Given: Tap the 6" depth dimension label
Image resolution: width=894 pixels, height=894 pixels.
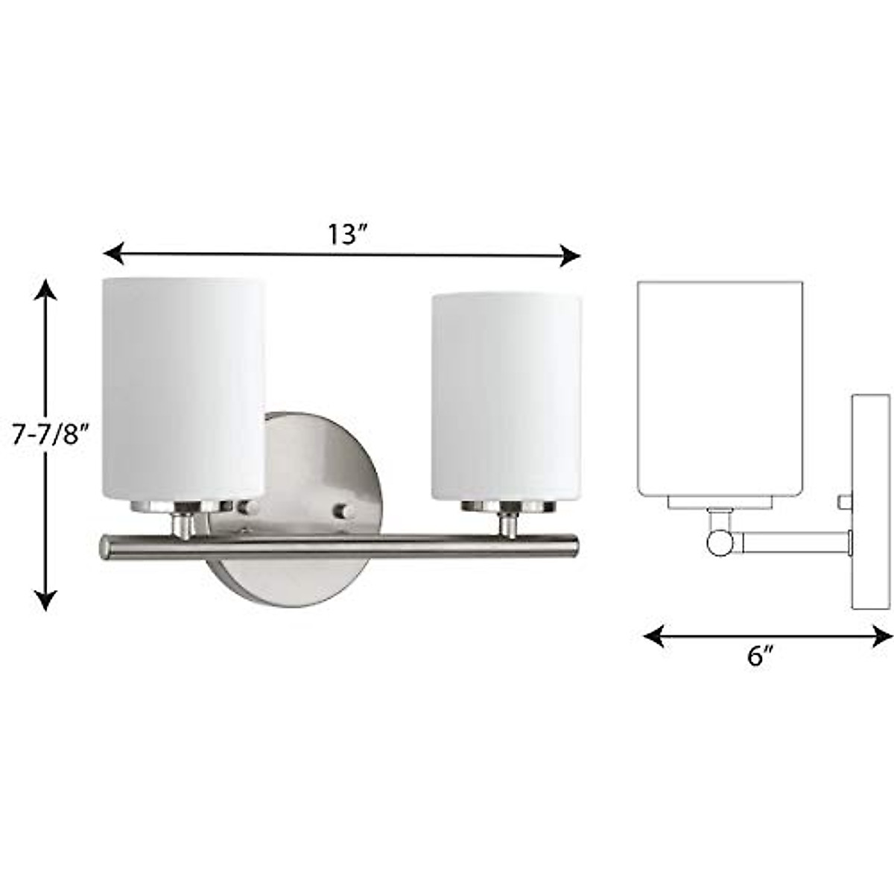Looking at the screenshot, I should pos(760,656).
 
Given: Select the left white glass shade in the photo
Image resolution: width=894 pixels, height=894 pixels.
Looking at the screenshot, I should pos(183,387).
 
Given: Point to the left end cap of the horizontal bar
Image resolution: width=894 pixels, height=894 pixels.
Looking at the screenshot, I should pos(105,548).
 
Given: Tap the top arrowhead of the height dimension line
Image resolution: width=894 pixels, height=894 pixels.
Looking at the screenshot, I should pos(46,288).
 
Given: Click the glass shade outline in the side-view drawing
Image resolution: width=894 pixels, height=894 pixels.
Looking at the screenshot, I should pos(720,387).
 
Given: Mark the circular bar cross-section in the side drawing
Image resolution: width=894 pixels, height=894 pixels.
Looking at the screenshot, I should pos(720,542).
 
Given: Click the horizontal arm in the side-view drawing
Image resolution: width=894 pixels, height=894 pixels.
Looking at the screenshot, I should pos(790,542).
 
